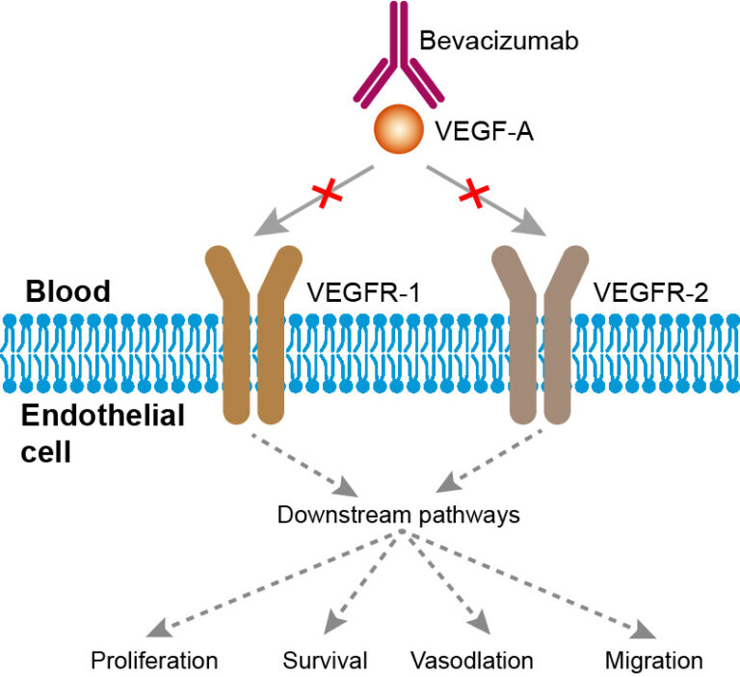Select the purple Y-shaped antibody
[x=396, y=68]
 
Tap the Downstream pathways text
[x=398, y=514]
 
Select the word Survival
[x=326, y=661]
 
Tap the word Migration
[x=654, y=661]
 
